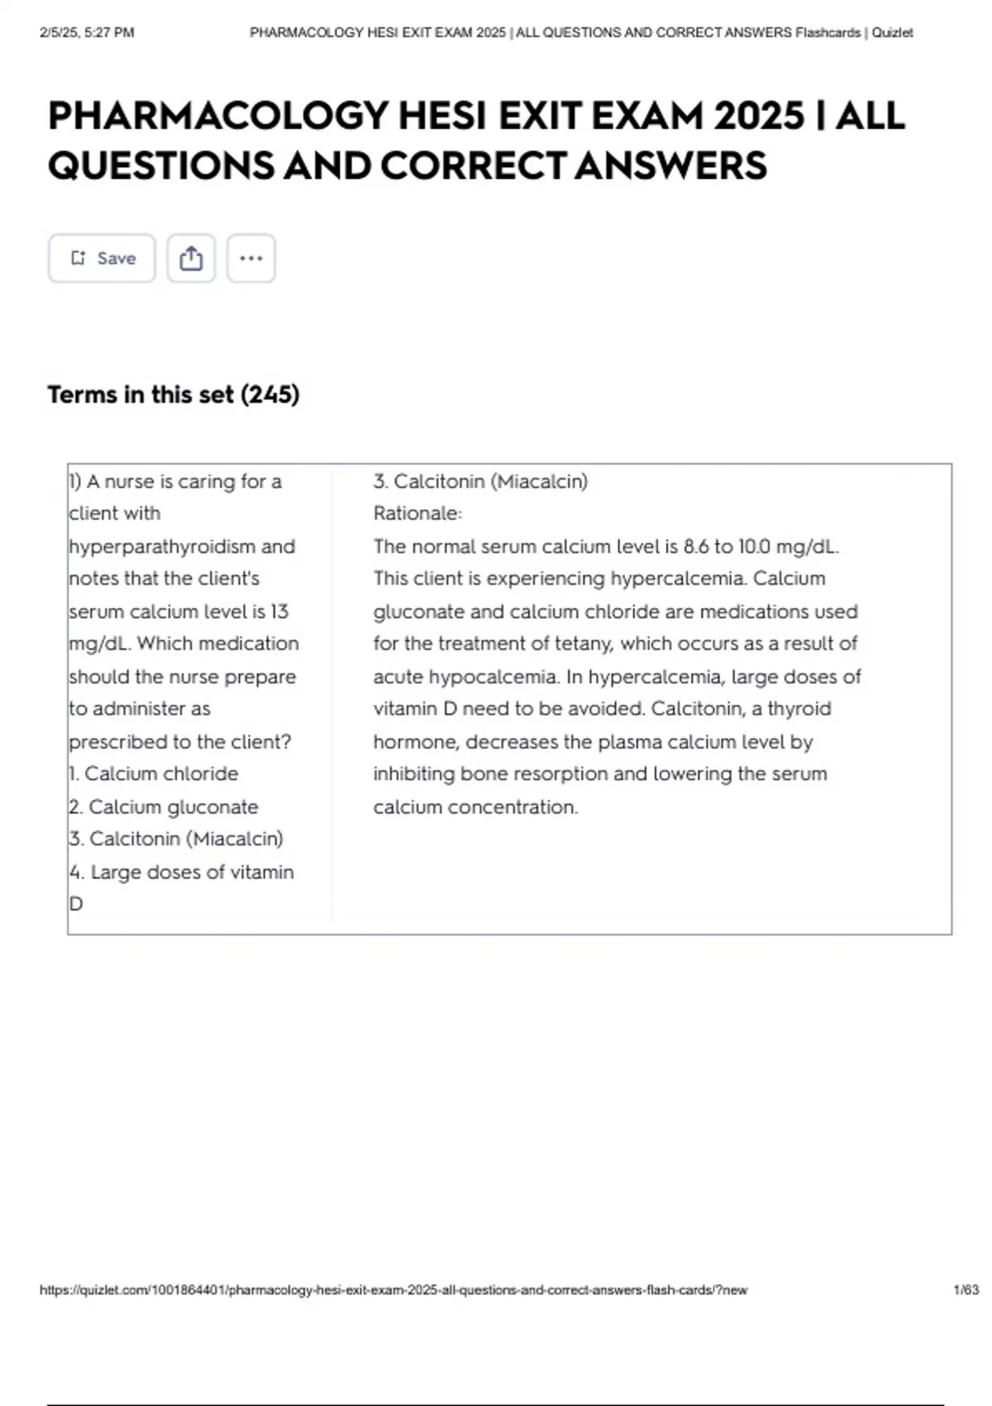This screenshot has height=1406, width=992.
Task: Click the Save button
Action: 102,258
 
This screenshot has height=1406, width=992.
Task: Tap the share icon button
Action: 191,258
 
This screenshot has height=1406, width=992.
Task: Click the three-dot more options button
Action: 250,258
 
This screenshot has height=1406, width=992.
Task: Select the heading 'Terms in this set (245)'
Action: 174,395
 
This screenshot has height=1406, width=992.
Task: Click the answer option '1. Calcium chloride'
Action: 154,774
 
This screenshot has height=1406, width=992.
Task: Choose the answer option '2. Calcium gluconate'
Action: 164,806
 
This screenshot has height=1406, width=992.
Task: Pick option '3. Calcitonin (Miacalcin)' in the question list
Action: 176,839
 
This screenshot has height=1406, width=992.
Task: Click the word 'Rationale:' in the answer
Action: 417,514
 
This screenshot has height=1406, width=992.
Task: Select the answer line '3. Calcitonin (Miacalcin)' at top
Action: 480,481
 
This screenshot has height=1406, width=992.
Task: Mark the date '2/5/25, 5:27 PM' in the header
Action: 87,33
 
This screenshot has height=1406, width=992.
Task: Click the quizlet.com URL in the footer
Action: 393,1290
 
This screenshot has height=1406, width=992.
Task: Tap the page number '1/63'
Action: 966,1290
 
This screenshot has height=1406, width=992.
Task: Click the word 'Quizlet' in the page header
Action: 892,33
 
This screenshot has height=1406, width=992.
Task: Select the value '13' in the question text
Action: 279,612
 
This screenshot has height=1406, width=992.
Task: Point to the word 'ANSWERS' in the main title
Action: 670,165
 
